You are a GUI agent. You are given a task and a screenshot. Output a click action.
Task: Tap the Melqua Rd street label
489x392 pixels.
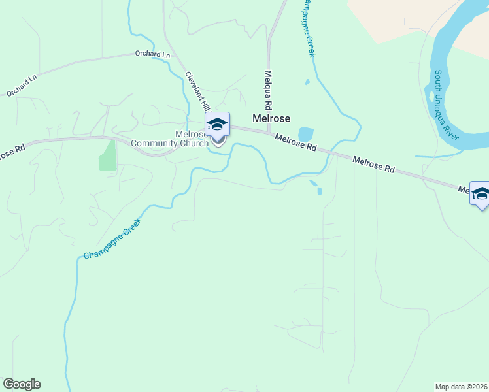coord(268,90)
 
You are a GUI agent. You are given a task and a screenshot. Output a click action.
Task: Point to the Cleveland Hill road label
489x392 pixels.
coord(197,90)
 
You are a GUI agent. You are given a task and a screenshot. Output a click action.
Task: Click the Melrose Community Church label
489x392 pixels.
coord(169,139)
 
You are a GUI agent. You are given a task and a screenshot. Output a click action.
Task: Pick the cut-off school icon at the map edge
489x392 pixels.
coord(481,194)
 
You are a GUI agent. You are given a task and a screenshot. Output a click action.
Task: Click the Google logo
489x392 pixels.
coord(22,384)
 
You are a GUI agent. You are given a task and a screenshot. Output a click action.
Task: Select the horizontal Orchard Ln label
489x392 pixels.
coord(152,54)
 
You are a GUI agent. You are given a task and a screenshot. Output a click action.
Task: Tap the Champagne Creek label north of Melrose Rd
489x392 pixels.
coord(307,29)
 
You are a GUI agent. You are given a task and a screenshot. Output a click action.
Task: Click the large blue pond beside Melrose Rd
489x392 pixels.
coord(305,134)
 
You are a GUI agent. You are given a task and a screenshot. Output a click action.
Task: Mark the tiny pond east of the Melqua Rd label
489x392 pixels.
coord(306,82)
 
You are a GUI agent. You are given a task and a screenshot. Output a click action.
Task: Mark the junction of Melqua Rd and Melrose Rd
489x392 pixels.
coord(268,132)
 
